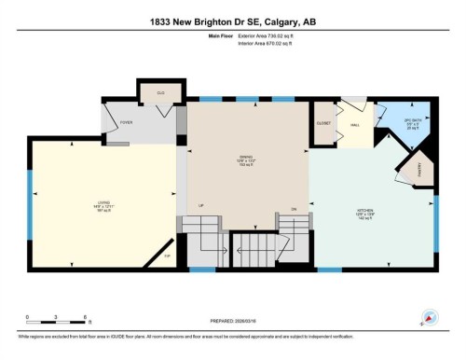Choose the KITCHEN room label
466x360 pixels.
[x=365, y=213]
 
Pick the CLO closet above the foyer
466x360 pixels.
[x=160, y=93]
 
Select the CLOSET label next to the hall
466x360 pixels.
[x=323, y=122]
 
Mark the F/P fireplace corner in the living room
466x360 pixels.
[x=168, y=254]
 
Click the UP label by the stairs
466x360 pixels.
[x=200, y=206]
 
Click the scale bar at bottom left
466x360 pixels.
[x=57, y=324]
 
